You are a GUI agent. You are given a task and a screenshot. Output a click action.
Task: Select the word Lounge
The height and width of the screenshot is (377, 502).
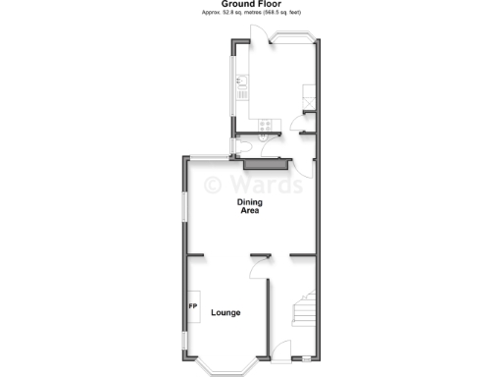click(x=225, y=312)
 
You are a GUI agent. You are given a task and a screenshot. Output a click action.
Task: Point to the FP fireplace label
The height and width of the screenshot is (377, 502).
click(x=192, y=306)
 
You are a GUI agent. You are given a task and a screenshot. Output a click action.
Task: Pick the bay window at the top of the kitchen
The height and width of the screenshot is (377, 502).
click(x=293, y=38)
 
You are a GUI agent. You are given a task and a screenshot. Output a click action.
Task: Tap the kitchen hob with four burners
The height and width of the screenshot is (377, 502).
click(x=265, y=125)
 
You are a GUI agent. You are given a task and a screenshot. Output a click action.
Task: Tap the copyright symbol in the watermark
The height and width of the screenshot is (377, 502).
click(x=213, y=184)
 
